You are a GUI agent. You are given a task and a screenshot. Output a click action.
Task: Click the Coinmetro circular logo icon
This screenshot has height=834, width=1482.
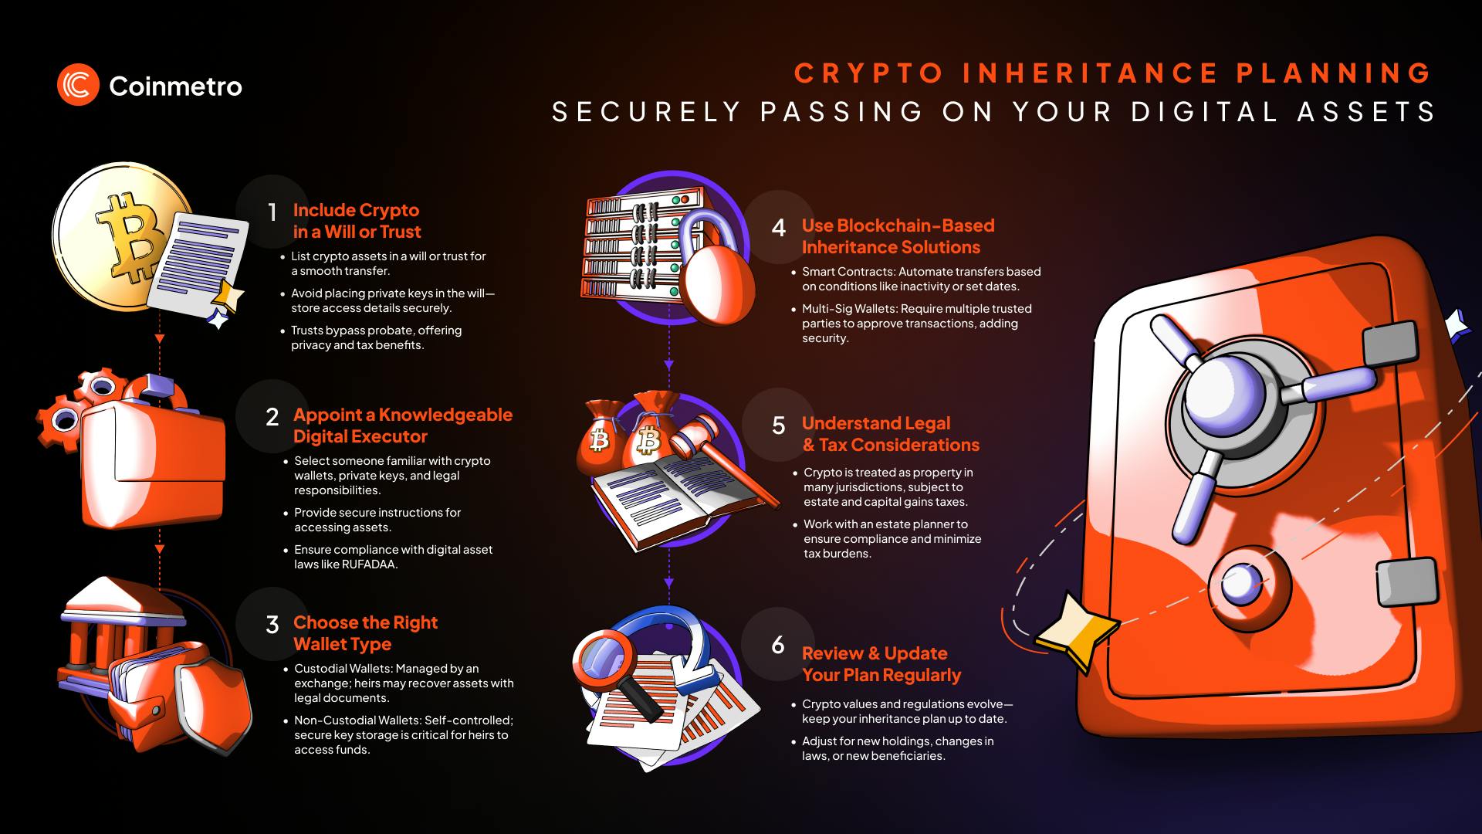(78, 85)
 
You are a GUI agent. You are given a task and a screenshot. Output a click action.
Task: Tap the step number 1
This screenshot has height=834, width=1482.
(272, 212)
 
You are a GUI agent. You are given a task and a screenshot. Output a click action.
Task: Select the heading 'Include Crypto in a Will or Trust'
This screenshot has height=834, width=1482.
(357, 221)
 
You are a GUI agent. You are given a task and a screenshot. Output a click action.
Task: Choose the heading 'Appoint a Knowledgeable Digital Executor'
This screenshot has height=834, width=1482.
(402, 425)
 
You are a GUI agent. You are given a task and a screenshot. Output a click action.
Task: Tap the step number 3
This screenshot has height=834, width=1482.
(272, 625)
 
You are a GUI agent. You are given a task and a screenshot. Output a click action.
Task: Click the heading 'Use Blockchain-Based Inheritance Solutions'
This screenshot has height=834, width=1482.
(898, 236)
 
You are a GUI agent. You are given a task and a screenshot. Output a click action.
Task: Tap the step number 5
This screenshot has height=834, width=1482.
(778, 426)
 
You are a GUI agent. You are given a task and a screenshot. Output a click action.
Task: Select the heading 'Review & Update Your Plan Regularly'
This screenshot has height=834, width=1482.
(881, 664)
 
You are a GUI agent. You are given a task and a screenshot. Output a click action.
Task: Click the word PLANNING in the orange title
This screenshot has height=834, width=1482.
(1334, 73)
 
